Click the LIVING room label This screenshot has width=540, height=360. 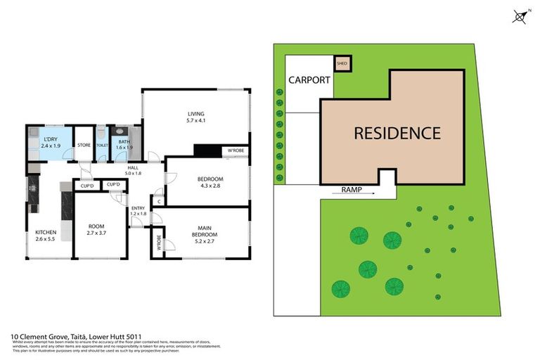(195, 114)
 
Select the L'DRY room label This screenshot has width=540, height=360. (50, 139)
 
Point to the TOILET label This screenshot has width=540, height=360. (102, 146)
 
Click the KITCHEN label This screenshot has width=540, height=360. (46, 232)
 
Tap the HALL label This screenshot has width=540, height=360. (133, 167)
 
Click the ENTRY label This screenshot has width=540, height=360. (138, 207)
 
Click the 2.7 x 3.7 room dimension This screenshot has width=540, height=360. (100, 233)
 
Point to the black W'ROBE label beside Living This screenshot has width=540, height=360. (233, 151)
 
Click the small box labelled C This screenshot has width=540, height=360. (160, 202)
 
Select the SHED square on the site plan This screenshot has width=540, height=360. (342, 63)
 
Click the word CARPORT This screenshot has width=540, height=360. (308, 80)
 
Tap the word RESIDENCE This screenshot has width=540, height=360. (397, 132)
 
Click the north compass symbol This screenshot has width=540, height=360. (520, 15)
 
